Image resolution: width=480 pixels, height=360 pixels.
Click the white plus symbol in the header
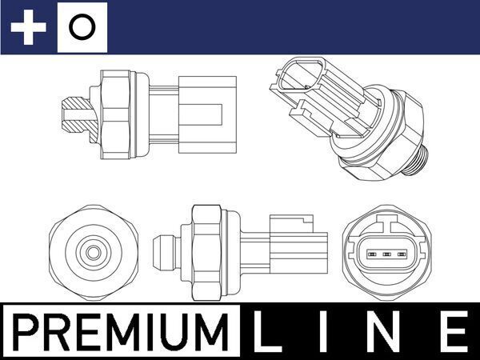(x=29, y=28)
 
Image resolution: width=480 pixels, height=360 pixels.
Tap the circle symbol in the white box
(x=81, y=28)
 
